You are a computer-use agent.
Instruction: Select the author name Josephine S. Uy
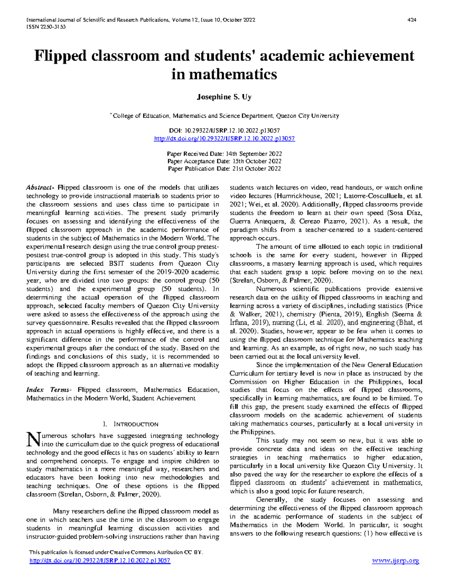pos(224,97)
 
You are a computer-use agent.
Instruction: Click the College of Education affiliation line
pos(224,116)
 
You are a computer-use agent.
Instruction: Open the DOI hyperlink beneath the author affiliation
pos(224,138)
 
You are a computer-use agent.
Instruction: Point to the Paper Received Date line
pos(224,154)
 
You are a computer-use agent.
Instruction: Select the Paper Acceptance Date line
pos(224,161)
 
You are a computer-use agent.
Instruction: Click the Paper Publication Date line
pos(224,169)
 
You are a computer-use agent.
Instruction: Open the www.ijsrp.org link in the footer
pos(395,560)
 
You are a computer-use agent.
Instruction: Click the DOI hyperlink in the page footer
pos(100,560)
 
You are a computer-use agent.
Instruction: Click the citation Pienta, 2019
pos(337,314)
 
